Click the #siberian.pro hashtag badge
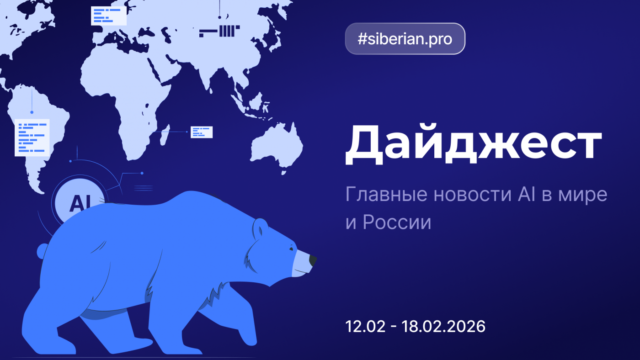[x=405, y=39]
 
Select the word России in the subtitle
[x=397, y=222]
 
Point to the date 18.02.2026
[x=443, y=327]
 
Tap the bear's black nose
[x=313, y=261]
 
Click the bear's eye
[x=291, y=249]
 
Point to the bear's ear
[x=261, y=226]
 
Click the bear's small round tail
[x=43, y=250]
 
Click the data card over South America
[x=32, y=137]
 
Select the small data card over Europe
[x=108, y=16]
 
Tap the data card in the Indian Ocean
[x=202, y=132]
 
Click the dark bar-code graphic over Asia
[x=220, y=31]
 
